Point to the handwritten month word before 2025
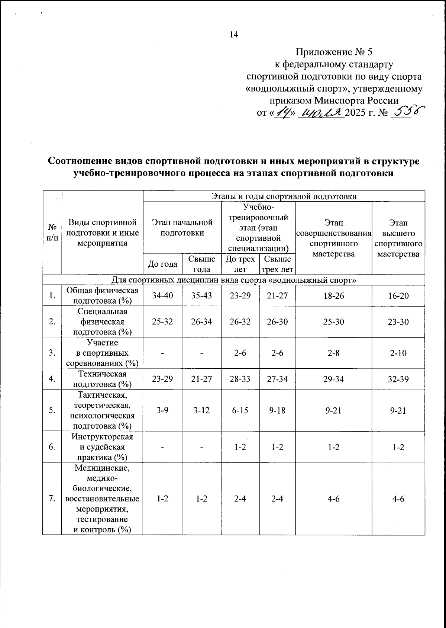[322, 112]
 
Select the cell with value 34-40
[162, 295]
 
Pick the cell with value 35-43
[201, 295]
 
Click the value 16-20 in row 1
[398, 295]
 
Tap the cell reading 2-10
[398, 353]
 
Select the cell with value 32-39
[398, 379]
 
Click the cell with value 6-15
[240, 410]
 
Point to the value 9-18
[277, 410]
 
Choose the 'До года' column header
[162, 264]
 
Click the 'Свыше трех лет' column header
[277, 264]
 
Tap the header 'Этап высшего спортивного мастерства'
[398, 238]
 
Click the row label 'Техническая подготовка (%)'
[102, 379]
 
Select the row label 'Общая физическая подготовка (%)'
[102, 295]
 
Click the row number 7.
[52, 499]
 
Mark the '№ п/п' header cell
[52, 232]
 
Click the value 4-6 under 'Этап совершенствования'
[333, 499]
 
